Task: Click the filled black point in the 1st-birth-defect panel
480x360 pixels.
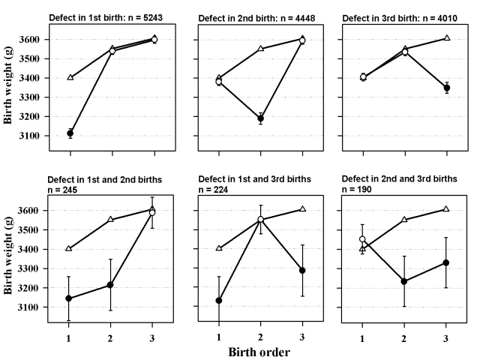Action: tap(70, 133)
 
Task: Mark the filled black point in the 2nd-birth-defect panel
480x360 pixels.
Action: tap(261, 118)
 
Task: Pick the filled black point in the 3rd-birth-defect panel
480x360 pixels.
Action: tap(447, 88)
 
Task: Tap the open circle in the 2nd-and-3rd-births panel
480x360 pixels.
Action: tap(362, 239)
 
